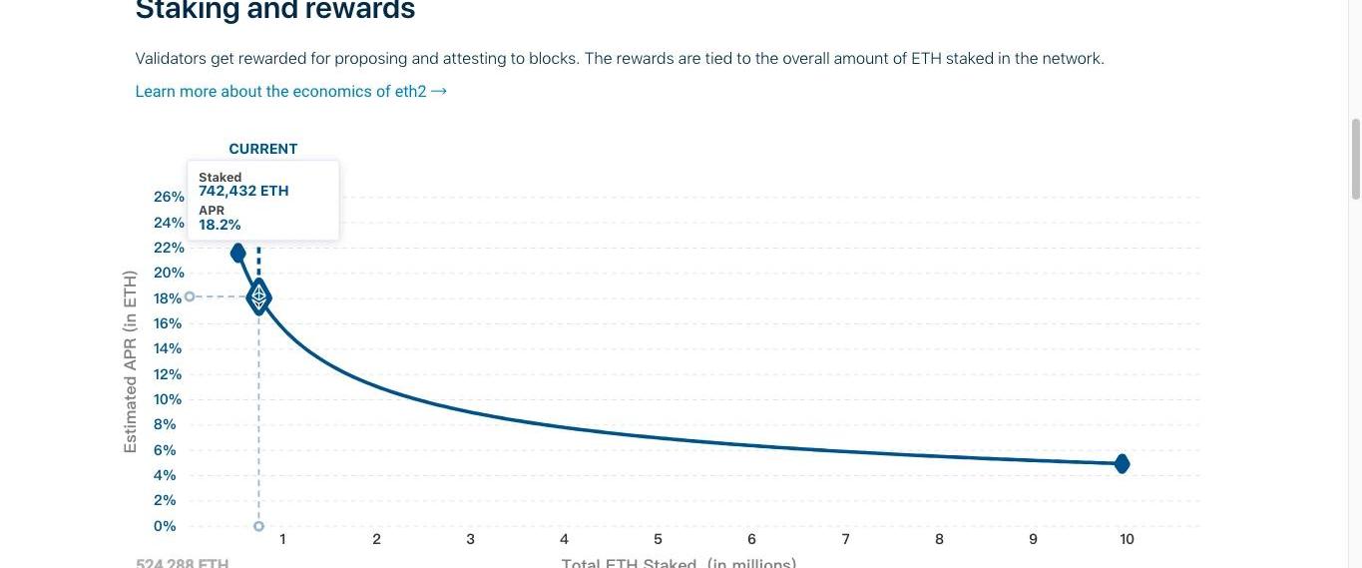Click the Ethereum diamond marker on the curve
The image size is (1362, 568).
258,297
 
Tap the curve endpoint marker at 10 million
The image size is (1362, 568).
1122,463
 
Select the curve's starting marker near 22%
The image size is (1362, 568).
237,254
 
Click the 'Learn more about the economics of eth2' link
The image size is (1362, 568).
290,92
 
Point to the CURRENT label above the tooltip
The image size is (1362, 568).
263,149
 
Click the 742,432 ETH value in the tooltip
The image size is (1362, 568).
243,191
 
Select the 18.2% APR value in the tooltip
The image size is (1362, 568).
220,225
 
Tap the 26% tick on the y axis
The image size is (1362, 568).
169,197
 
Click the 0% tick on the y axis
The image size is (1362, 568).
165,526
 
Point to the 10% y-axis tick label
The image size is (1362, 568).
168,399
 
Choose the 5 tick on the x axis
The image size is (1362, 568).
658,539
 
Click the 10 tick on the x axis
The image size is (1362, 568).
1127,539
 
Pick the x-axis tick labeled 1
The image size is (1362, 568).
282,539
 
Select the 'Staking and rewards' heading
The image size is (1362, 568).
275,11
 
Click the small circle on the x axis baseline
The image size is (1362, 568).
258,526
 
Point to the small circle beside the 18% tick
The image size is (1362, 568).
190,296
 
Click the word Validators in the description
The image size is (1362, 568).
171,59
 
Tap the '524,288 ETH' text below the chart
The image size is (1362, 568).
183,563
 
